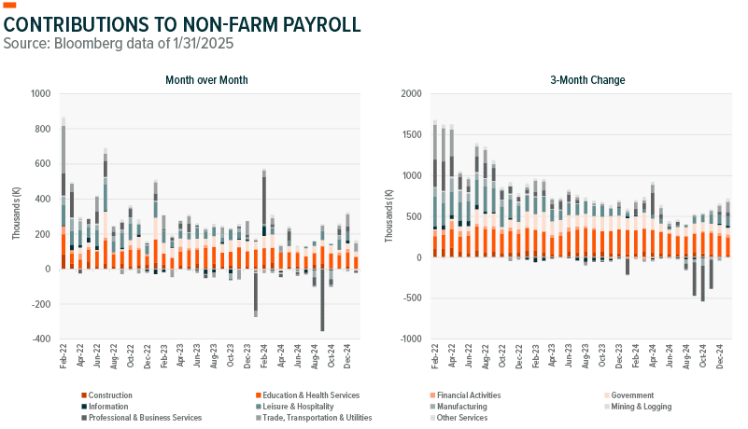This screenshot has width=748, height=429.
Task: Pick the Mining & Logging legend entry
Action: tap(640, 407)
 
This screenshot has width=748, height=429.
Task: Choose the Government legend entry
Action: tap(632, 395)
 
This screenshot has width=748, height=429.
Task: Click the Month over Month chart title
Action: tap(206, 80)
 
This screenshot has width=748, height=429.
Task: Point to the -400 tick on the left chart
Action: tap(43, 339)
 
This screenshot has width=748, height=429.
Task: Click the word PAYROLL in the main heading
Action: tap(309, 23)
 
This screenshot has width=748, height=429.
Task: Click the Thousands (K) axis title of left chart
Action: tap(17, 216)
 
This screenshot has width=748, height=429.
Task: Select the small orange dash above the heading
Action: tap(10, 6)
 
